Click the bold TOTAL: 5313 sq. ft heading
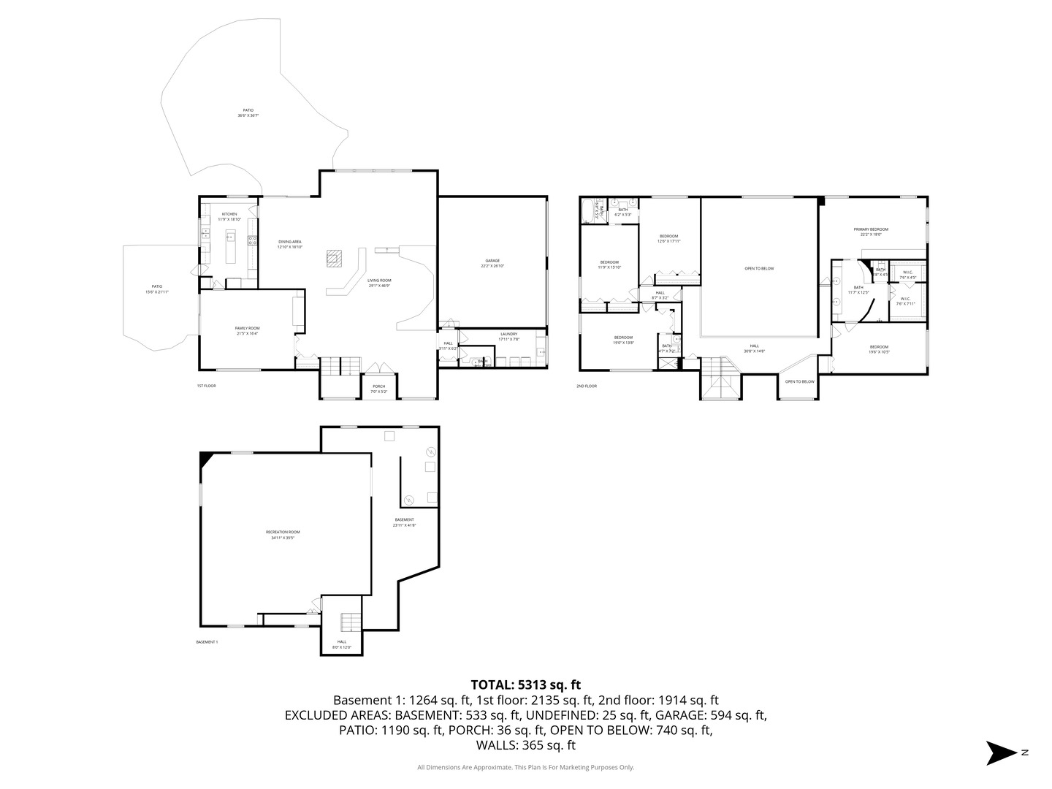click(x=525, y=685)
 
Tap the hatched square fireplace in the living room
click(x=334, y=259)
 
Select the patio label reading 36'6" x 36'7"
click(x=248, y=113)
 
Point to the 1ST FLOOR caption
click(x=206, y=386)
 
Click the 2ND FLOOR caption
click(x=587, y=386)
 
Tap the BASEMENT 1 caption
click(x=207, y=642)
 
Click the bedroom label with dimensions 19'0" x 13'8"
click(x=623, y=340)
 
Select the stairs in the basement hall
click(x=350, y=622)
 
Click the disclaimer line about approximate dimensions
click(x=525, y=767)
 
